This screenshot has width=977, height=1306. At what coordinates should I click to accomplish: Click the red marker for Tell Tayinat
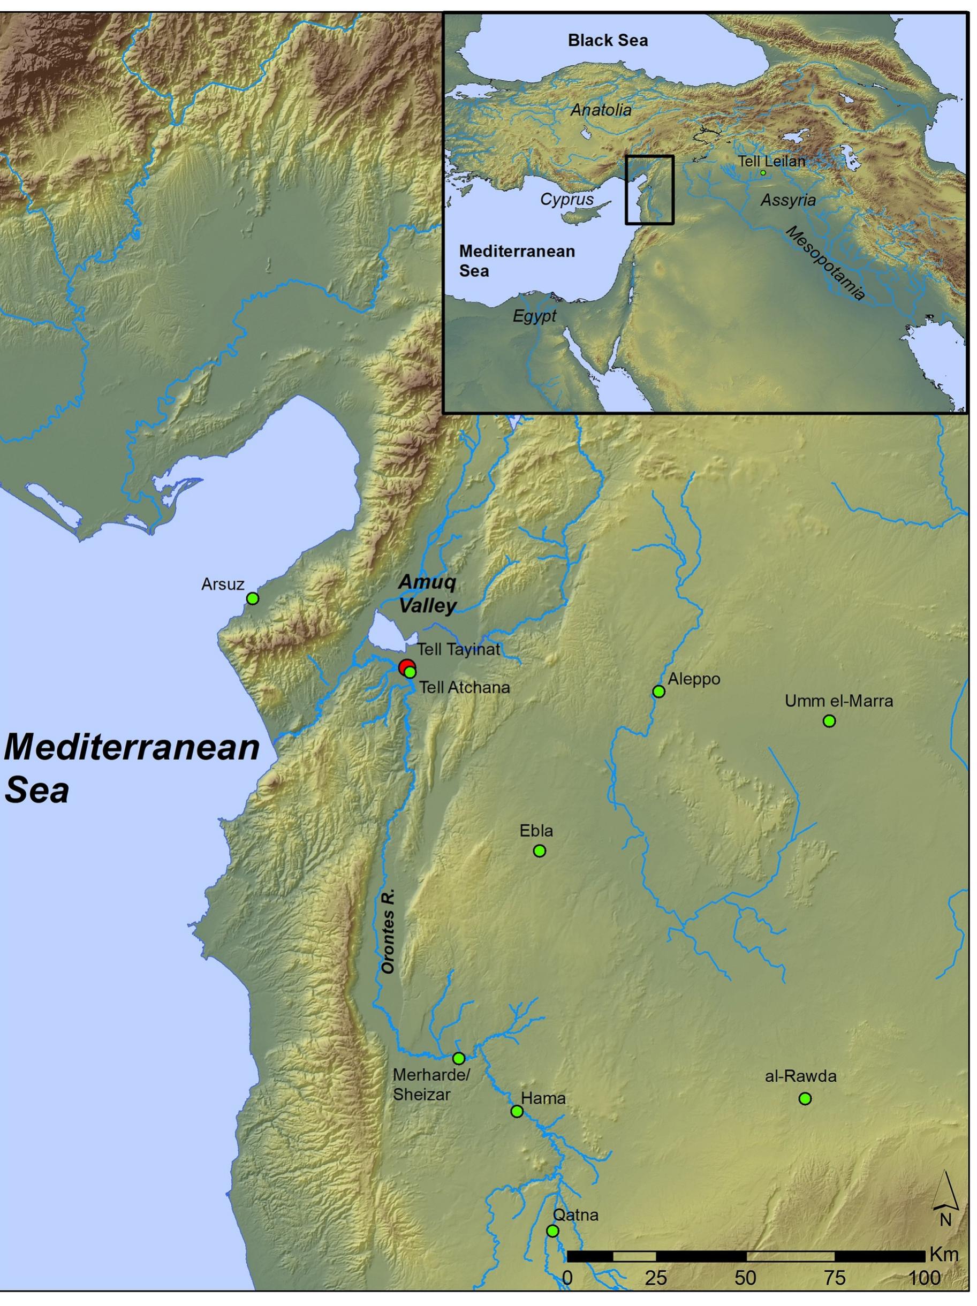pos(406,667)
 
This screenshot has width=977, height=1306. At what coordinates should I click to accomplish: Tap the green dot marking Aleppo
pos(658,692)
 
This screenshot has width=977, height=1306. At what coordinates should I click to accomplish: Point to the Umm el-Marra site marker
pos(829,721)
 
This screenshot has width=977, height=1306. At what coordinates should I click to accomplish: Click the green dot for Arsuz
pos(252,598)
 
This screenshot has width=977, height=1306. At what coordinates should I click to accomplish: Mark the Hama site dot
pos(516,1112)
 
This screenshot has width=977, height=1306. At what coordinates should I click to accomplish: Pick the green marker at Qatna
pos(552,1231)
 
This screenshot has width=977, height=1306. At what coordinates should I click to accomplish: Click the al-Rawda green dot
pos(805,1098)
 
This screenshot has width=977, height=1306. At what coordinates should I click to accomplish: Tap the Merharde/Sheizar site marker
pos(458,1058)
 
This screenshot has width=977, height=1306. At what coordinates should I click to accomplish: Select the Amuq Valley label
pos(427,594)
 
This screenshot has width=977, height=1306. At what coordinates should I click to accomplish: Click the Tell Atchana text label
pos(464,688)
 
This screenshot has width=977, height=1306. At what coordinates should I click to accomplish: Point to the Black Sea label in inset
pos(607,40)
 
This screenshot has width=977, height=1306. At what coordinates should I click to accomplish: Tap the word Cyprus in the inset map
pos(566,199)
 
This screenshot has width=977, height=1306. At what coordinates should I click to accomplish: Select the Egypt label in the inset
pos(534,316)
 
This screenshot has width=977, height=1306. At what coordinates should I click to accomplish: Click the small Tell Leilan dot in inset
pos(762,172)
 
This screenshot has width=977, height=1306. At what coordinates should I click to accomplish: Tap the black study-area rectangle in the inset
pos(649,156)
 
